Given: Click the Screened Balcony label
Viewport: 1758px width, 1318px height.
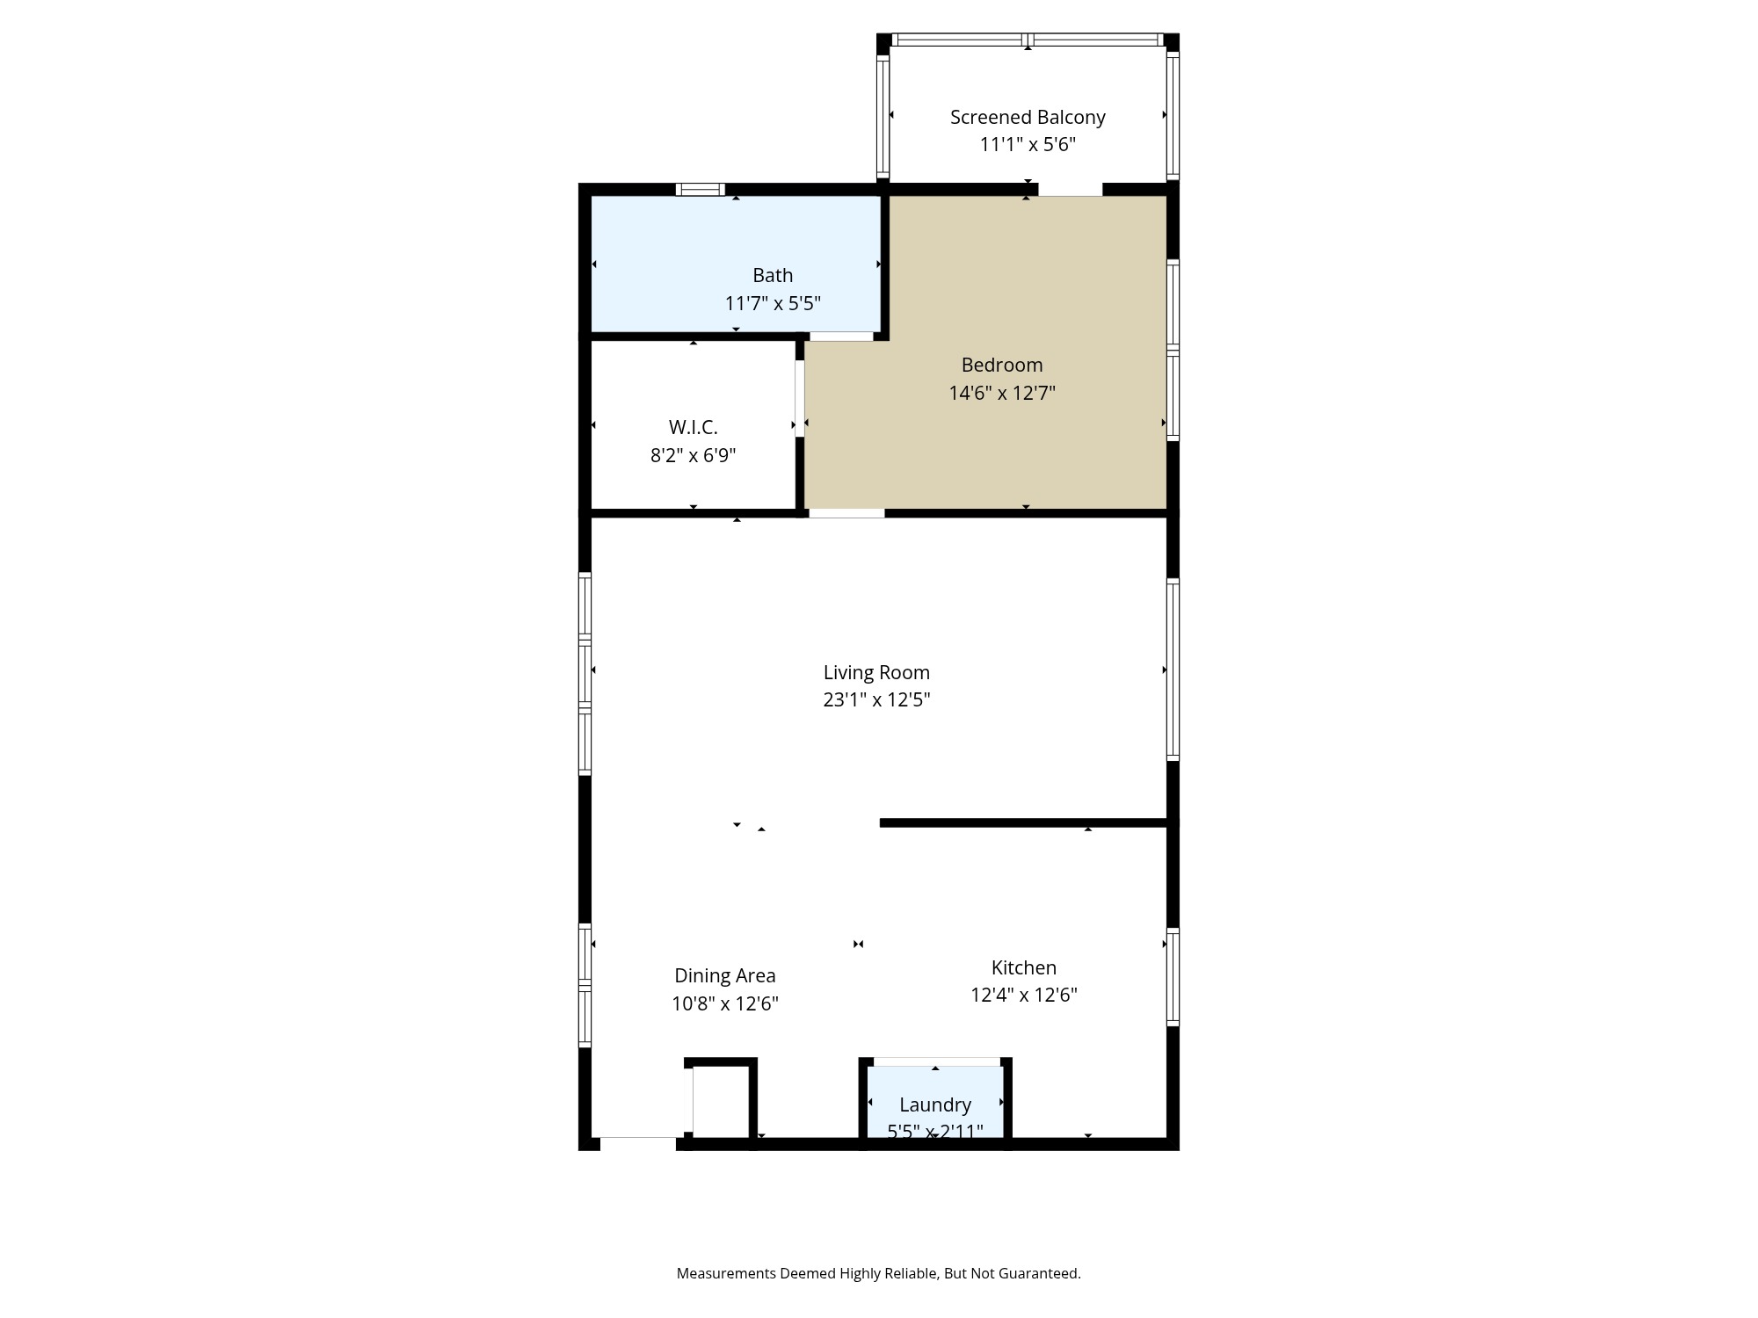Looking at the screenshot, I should [x=1028, y=117].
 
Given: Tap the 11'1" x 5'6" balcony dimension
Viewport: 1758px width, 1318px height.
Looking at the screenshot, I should [x=1028, y=145].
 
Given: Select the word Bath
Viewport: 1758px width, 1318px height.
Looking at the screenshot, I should [x=773, y=276].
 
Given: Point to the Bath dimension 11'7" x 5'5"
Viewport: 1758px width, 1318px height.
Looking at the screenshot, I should [x=773, y=304].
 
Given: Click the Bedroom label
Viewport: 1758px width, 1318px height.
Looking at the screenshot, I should [x=1002, y=365].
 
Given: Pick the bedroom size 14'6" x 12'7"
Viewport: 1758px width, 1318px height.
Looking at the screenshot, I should [x=1002, y=393].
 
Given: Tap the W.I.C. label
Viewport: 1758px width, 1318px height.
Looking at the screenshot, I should [x=693, y=427].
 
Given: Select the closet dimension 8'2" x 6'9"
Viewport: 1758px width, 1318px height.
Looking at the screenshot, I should [x=693, y=455].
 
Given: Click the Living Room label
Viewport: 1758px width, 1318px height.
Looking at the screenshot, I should [x=876, y=672].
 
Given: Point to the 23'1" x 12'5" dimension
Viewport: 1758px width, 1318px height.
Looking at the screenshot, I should [x=876, y=700].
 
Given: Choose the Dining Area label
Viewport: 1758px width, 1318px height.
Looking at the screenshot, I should [x=725, y=975].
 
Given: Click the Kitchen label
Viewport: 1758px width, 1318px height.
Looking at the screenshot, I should [x=1024, y=967].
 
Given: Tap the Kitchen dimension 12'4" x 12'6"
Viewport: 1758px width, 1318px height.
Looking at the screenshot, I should [x=1024, y=996].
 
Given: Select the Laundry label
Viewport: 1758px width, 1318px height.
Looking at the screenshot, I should [x=935, y=1104].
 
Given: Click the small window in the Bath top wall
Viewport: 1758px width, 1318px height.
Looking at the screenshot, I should [x=701, y=189].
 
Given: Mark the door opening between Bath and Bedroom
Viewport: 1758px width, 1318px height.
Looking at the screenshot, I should [x=841, y=337].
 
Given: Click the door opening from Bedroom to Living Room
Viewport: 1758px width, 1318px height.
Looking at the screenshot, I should [x=846, y=513].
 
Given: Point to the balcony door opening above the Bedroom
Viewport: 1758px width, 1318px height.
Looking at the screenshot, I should [x=1070, y=190].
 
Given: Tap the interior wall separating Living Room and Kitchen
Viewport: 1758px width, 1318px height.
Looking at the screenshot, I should [x=1024, y=823].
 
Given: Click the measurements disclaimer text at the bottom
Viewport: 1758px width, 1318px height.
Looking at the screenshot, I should [x=878, y=1273].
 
